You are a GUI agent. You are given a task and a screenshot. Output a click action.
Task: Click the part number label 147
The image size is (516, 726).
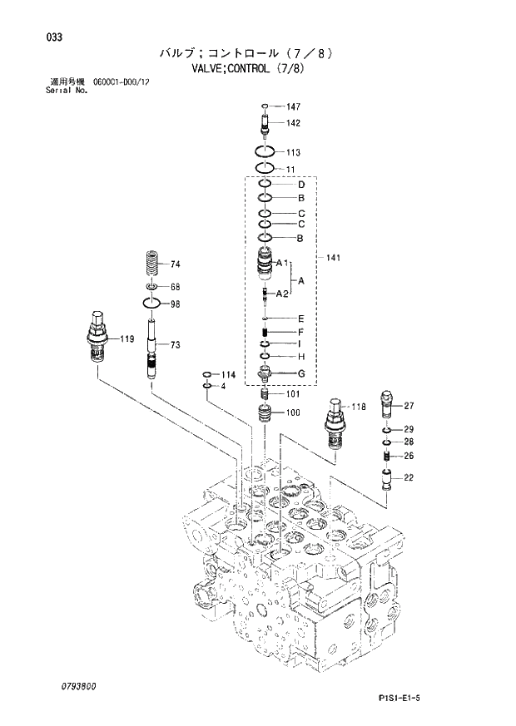click(x=294, y=107)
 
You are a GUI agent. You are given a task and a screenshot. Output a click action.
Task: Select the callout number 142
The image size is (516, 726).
click(x=294, y=123)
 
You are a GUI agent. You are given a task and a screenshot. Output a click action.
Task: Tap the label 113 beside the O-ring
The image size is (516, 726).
click(x=294, y=153)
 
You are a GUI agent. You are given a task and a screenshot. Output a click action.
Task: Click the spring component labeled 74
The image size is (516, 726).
click(x=151, y=265)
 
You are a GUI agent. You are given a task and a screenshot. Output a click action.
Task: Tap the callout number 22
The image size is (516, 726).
click(x=409, y=477)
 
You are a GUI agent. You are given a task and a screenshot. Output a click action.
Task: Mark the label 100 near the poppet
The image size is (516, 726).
click(x=294, y=413)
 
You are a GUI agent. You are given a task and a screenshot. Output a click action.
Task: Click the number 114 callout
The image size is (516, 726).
click(x=229, y=375)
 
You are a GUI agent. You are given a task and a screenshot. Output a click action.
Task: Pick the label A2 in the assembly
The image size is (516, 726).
click(x=282, y=294)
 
